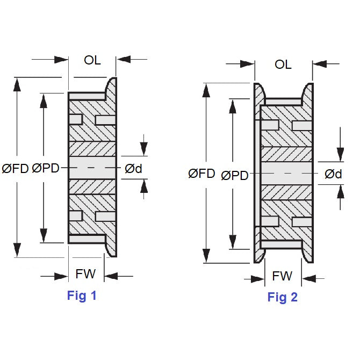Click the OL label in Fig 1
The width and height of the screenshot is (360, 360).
coord(92,60)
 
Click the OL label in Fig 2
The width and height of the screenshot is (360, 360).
coord(283,64)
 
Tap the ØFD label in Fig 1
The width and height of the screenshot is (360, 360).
coord(15,168)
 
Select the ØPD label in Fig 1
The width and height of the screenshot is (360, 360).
coord(46,168)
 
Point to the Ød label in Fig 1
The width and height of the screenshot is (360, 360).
coord(133,168)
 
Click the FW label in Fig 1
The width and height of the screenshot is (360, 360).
coord(85,274)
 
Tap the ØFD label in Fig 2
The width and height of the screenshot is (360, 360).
coord(202,174)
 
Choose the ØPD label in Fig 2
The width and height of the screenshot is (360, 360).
coord(234,175)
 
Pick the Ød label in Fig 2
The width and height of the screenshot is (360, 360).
coord(334,174)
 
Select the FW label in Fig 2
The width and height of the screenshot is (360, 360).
coord(282,276)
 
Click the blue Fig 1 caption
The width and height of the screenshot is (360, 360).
coord(82,295)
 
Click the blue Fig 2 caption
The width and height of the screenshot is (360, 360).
coord(283,297)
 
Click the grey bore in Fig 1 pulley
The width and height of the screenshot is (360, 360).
coord(92,168)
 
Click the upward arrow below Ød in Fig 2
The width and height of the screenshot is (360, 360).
coord(340,192)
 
